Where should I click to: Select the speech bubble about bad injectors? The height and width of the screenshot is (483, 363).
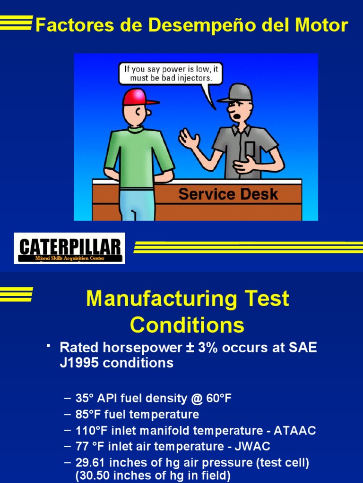click(x=170, y=74)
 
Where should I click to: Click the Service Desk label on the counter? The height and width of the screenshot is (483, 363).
click(x=228, y=194)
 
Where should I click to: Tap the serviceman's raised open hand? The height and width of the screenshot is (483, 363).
click(x=189, y=139)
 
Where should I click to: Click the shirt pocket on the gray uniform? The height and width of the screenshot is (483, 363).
click(x=250, y=150)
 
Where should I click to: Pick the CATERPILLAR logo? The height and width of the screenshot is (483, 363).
click(x=69, y=248)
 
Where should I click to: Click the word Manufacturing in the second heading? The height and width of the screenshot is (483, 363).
click(x=163, y=299)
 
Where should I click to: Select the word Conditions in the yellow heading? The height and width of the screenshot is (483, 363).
click(x=187, y=325)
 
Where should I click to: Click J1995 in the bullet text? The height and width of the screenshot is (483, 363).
click(x=79, y=363)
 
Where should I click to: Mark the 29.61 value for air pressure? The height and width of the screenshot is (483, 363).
click(x=91, y=462)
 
